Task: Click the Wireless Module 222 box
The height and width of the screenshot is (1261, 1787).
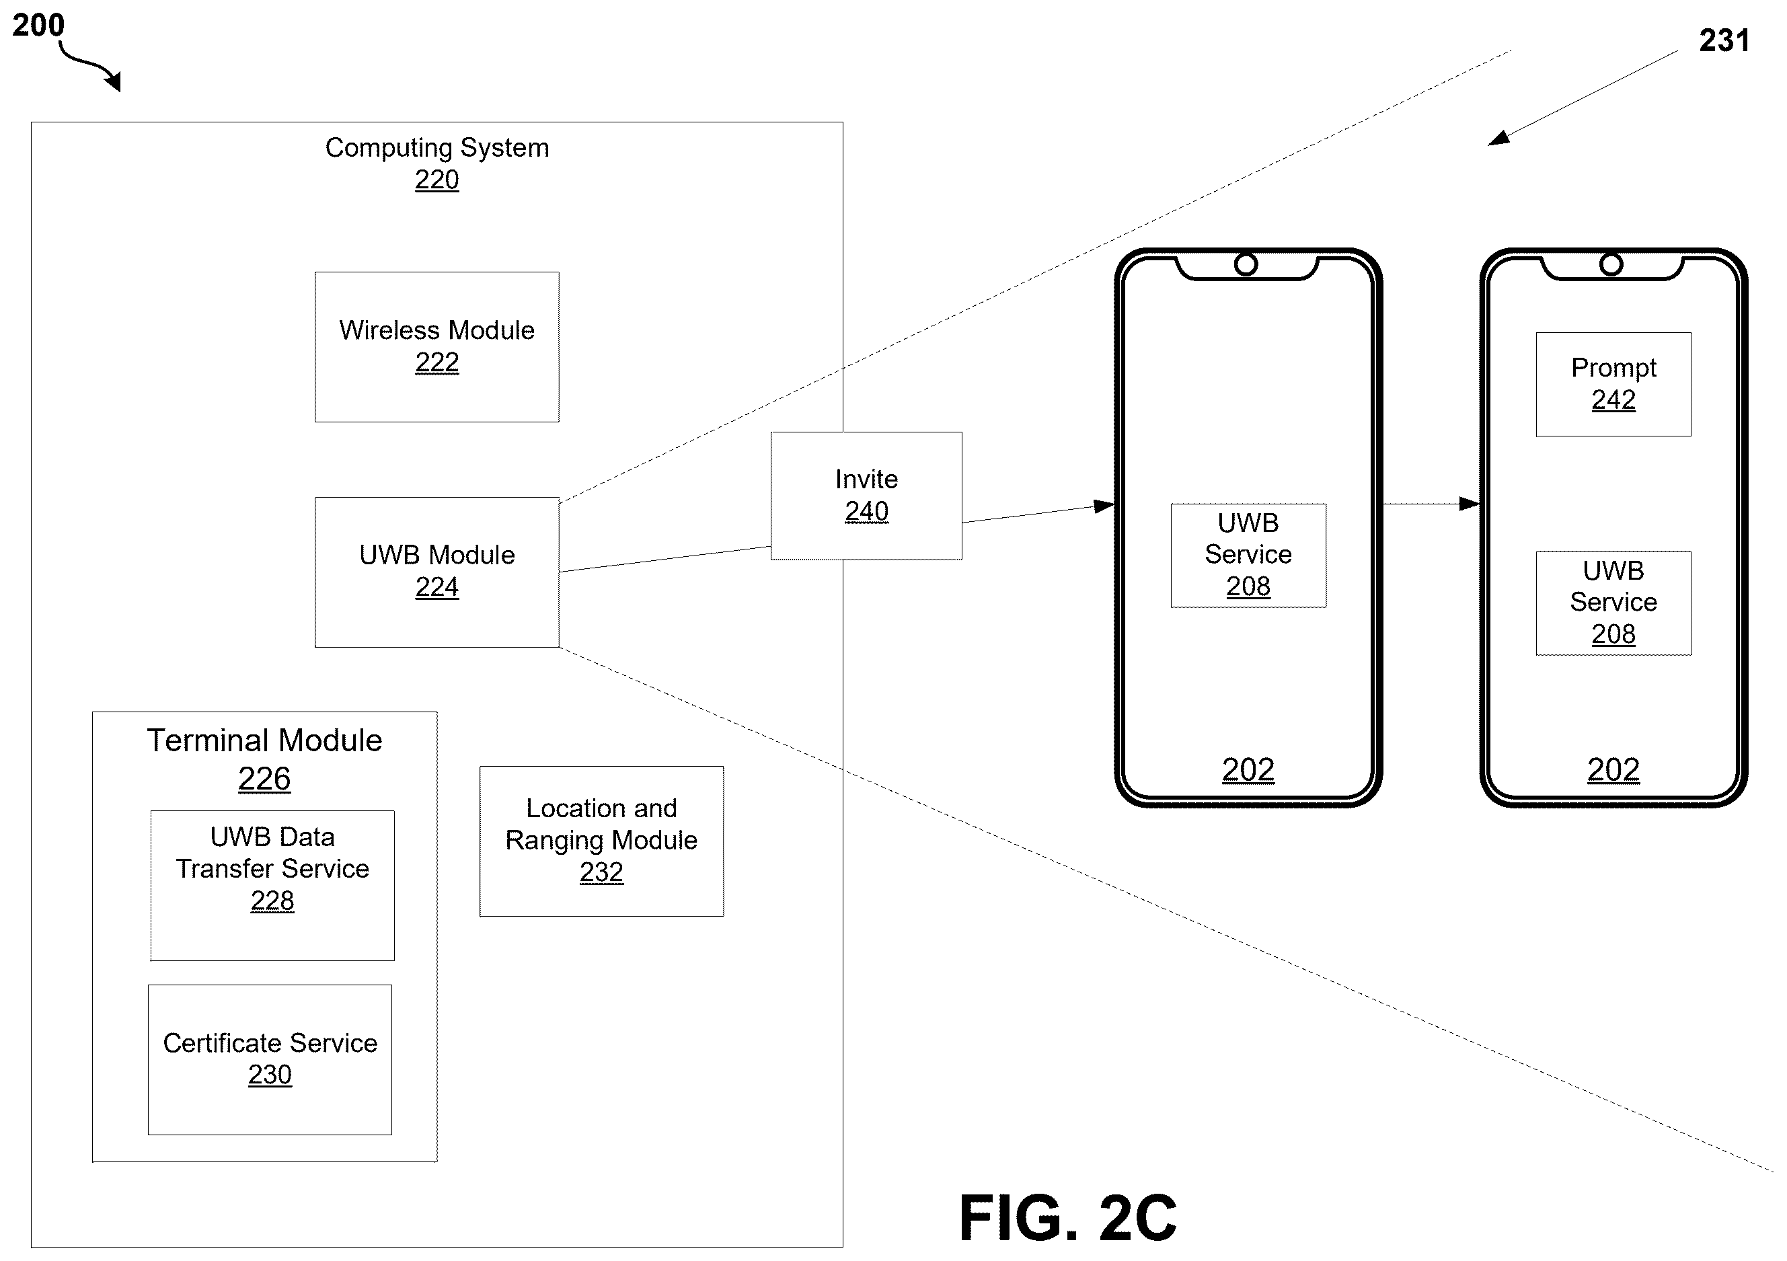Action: click(436, 347)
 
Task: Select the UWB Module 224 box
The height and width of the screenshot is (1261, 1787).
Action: click(436, 572)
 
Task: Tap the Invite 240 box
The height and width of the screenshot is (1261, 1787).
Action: click(866, 496)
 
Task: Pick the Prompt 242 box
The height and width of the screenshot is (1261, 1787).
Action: click(1613, 385)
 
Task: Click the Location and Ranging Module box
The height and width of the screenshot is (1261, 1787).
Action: click(602, 841)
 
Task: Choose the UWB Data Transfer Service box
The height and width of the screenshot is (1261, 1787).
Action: click(272, 886)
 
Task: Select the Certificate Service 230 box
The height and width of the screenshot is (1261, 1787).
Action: click(270, 1060)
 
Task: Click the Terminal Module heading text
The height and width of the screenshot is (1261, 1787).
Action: click(264, 740)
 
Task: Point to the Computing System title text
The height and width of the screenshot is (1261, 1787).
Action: click(436, 148)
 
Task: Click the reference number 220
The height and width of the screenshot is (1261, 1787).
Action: click(436, 180)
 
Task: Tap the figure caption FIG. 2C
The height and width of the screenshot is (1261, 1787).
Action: click(1068, 1217)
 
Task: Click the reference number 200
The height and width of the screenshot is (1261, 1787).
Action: click(38, 25)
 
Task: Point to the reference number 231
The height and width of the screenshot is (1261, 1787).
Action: click(1724, 40)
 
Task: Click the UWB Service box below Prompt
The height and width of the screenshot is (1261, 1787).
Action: click(1613, 603)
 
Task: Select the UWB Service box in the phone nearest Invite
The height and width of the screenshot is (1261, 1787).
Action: click(1248, 555)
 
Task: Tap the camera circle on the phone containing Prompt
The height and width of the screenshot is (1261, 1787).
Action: click(1611, 265)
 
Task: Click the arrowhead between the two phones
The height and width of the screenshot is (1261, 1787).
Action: click(1470, 504)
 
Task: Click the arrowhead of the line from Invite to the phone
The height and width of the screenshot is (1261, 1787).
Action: click(1104, 506)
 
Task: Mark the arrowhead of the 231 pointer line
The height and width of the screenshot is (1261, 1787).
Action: click(1498, 138)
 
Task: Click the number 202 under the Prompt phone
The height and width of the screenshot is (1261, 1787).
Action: click(1613, 770)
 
